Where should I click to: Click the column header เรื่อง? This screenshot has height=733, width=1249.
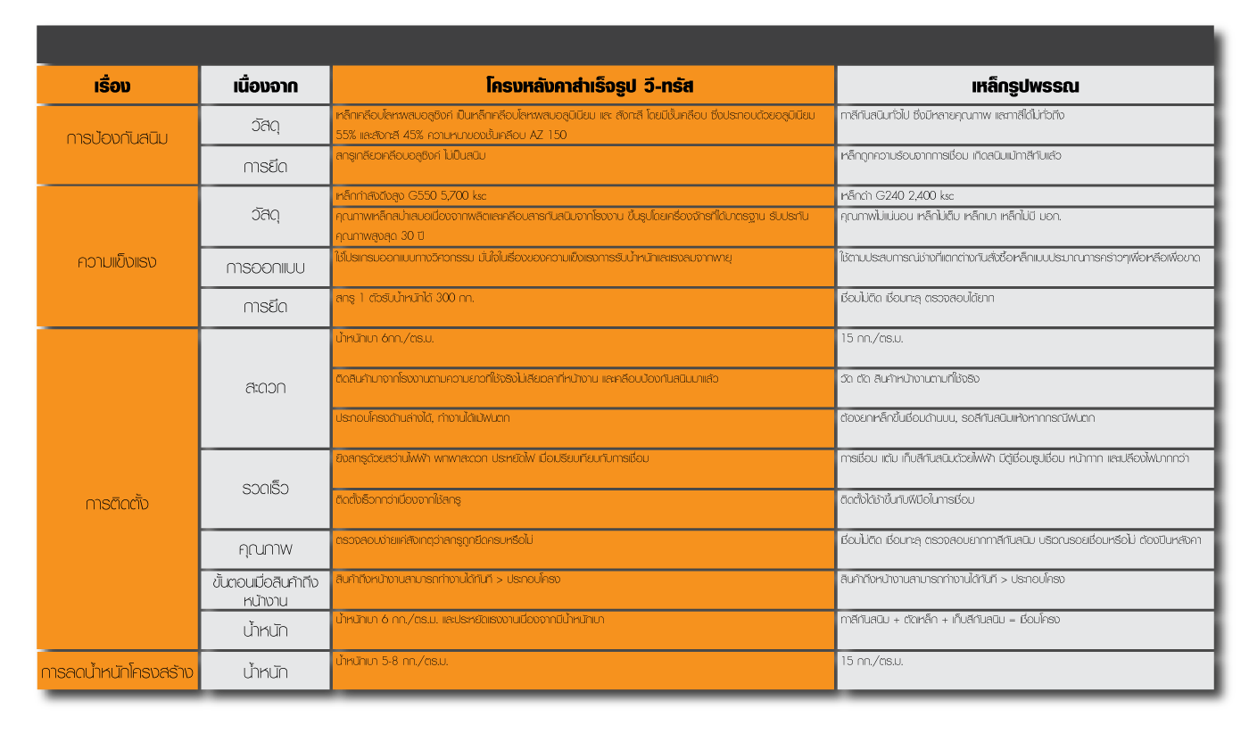(116, 86)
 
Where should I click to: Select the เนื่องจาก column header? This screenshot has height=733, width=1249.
(265, 86)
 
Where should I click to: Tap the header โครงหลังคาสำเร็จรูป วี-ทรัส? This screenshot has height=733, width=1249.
(583, 86)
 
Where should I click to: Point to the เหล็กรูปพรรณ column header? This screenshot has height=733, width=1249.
(1025, 86)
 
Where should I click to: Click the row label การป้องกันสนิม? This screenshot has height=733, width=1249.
(117, 139)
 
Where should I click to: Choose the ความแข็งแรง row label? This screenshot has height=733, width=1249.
(117, 261)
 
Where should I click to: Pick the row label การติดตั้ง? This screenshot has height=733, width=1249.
(117, 504)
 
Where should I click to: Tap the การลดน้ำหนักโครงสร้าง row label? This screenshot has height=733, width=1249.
(117, 671)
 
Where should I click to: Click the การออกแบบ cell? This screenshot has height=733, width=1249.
(265, 268)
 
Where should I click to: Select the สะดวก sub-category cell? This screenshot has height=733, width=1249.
(265, 388)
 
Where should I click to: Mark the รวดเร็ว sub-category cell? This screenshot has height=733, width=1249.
(265, 489)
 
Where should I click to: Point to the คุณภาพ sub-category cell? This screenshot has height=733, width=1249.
(265, 548)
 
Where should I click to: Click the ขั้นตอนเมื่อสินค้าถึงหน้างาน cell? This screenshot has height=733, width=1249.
(265, 590)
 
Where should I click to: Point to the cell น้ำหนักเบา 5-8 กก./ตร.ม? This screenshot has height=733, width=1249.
(392, 662)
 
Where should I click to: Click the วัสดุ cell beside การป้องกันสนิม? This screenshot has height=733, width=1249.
(265, 126)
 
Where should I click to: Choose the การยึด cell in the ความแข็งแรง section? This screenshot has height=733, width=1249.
(265, 307)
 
